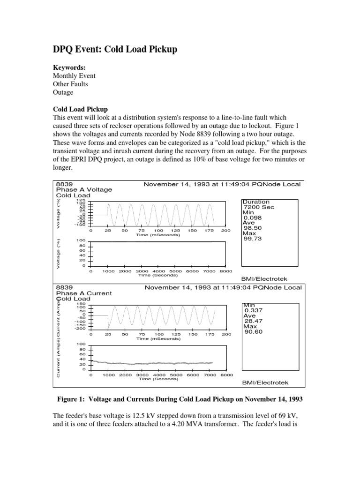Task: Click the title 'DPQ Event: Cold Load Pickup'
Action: pos(114,49)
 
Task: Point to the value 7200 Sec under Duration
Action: pos(258,207)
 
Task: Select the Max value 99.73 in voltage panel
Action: pos(252,238)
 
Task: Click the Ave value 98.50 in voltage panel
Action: pos(252,228)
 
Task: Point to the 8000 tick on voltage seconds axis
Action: pos(225,271)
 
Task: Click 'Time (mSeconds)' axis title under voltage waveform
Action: pos(158,234)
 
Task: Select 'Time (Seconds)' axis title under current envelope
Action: pos(158,379)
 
